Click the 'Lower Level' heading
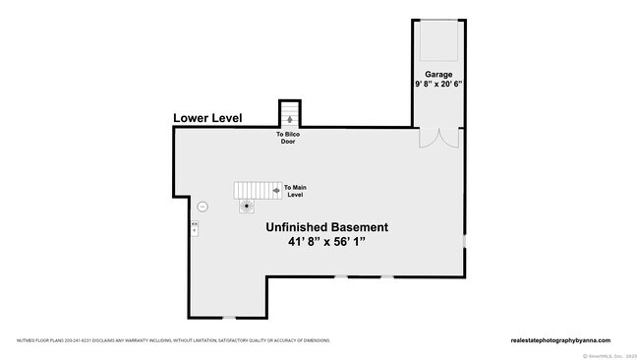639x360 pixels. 206,118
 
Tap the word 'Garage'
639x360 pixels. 437,74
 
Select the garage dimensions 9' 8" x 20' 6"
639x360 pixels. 437,85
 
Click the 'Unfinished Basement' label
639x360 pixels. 325,226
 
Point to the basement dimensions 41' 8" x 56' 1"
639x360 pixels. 325,241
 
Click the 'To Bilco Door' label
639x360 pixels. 288,138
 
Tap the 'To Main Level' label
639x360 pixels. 294,191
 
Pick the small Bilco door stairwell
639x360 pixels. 288,113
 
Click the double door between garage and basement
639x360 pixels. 438,137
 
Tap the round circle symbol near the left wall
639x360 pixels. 203,207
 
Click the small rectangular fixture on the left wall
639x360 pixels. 194,227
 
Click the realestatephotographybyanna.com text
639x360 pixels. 560,340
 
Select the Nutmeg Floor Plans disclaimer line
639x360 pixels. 172,340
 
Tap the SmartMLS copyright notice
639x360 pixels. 610,355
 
